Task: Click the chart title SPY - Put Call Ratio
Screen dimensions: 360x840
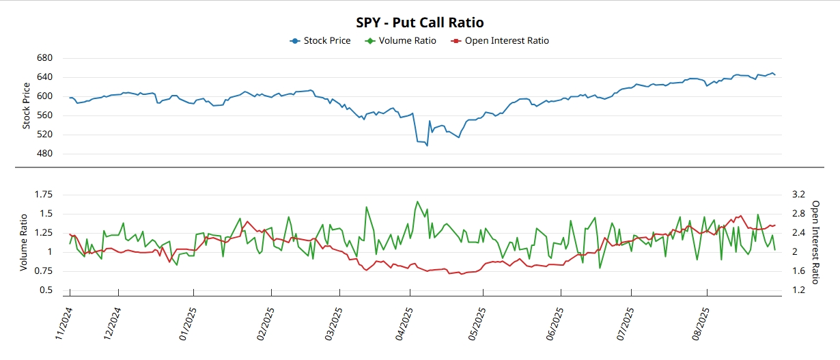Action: click(419, 23)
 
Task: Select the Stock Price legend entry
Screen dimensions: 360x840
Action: click(320, 40)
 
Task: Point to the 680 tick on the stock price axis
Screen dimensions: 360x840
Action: click(44, 58)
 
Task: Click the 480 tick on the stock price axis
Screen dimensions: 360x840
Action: click(44, 154)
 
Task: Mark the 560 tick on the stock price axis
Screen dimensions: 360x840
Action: click(44, 115)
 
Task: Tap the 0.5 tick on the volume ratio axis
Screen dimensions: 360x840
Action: click(46, 290)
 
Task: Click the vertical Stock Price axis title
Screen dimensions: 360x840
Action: click(27, 106)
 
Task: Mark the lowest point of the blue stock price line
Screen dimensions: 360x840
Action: click(428, 145)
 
